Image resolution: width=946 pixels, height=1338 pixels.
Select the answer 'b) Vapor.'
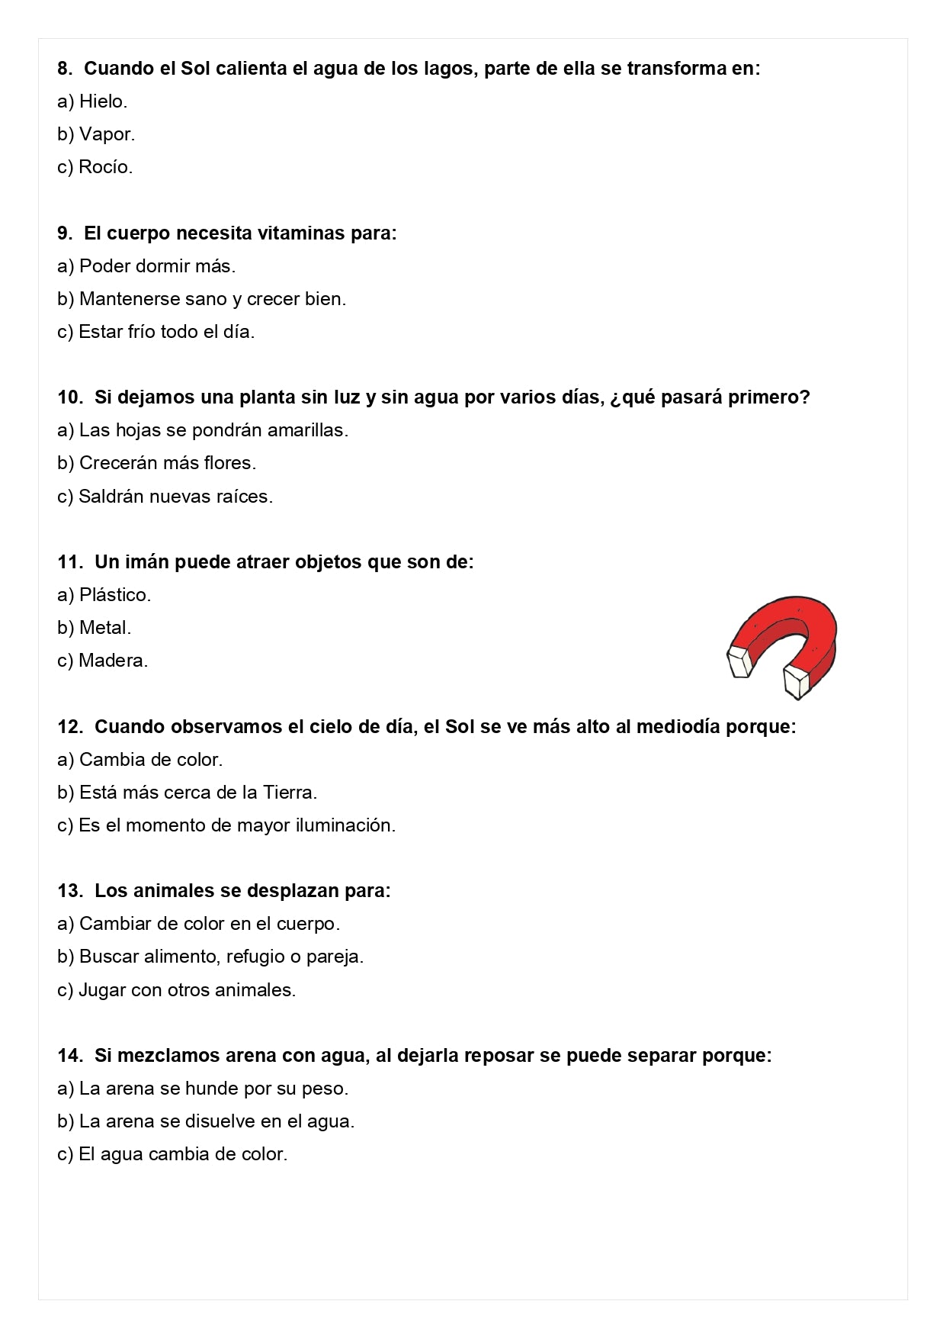pos(96,134)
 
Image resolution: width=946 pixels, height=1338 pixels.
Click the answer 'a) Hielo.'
pos(92,101)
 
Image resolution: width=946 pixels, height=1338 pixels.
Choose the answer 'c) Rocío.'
pos(95,167)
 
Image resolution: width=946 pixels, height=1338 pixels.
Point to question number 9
pos(65,233)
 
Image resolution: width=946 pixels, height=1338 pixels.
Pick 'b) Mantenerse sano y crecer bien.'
pos(201,299)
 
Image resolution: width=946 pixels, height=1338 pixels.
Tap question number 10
pos(69,397)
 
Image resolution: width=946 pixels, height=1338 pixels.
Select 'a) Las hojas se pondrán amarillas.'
pos(203,430)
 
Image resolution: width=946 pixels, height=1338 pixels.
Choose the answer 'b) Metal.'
pos(95,628)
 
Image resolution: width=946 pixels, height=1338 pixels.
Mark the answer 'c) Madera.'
pos(103,661)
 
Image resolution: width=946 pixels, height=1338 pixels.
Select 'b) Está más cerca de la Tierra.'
pos(188,793)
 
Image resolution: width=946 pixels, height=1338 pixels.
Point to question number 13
pos(69,891)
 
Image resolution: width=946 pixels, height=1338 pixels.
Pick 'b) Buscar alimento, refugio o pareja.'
pos(210,957)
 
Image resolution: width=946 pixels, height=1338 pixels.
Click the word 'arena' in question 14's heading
pos(251,1056)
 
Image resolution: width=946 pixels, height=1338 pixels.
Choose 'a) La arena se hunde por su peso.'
pos(203,1089)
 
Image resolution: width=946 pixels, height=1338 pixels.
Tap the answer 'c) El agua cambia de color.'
pos(172,1154)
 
